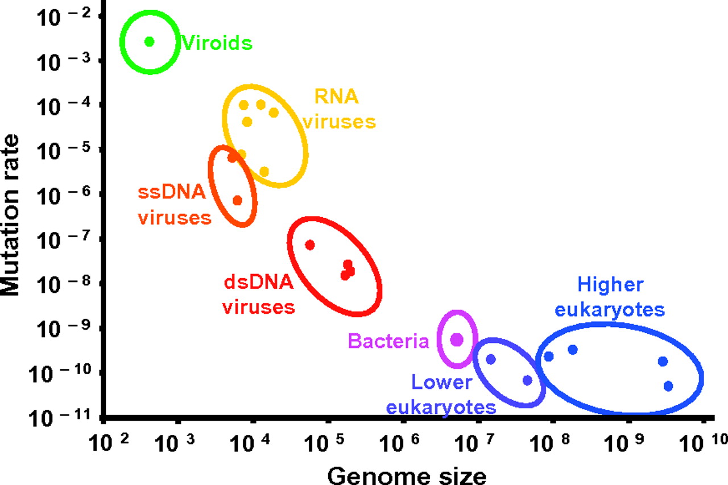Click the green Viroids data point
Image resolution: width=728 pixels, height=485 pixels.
[x=150, y=41]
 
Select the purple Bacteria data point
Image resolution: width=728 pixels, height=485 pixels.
[x=457, y=339]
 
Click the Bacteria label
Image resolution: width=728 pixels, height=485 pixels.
[x=388, y=341]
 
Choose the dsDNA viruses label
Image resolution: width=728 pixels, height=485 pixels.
[x=258, y=295]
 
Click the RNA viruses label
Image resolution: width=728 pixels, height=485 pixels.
[x=338, y=109]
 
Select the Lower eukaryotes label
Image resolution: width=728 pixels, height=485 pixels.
[x=441, y=394]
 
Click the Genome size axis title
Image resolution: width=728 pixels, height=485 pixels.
[x=407, y=474]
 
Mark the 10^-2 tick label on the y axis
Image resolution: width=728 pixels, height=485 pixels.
[x=59, y=16]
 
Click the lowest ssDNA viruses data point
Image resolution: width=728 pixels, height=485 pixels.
[x=237, y=200]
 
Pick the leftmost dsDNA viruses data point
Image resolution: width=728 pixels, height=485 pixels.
[x=310, y=245]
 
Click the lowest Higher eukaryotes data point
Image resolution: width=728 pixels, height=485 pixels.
[x=668, y=386]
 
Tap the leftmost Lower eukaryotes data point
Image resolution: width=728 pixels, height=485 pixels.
[x=491, y=359]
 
